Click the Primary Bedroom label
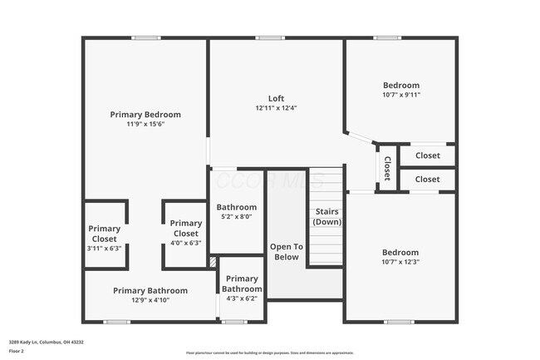click(x=145, y=115)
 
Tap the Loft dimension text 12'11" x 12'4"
click(x=276, y=108)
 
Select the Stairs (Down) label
click(x=326, y=217)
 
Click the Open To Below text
click(x=286, y=252)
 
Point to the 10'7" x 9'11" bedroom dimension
click(x=400, y=95)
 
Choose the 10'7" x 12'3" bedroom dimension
click(x=400, y=262)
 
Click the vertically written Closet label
click(x=387, y=168)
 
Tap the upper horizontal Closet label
click(x=427, y=155)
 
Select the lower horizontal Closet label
click(x=427, y=179)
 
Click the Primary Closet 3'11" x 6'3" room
click(x=105, y=238)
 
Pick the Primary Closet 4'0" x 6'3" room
click(x=185, y=233)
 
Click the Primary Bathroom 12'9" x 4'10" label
click(x=150, y=295)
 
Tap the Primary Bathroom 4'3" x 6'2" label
click(x=242, y=288)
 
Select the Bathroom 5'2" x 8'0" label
click(x=237, y=211)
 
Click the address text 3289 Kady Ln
click(x=46, y=342)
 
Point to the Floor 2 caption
click(x=17, y=351)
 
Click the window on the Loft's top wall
click(x=270, y=37)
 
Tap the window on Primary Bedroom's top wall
click(x=146, y=37)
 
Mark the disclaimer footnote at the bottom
click(x=269, y=353)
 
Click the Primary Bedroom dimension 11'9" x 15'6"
click(x=145, y=124)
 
